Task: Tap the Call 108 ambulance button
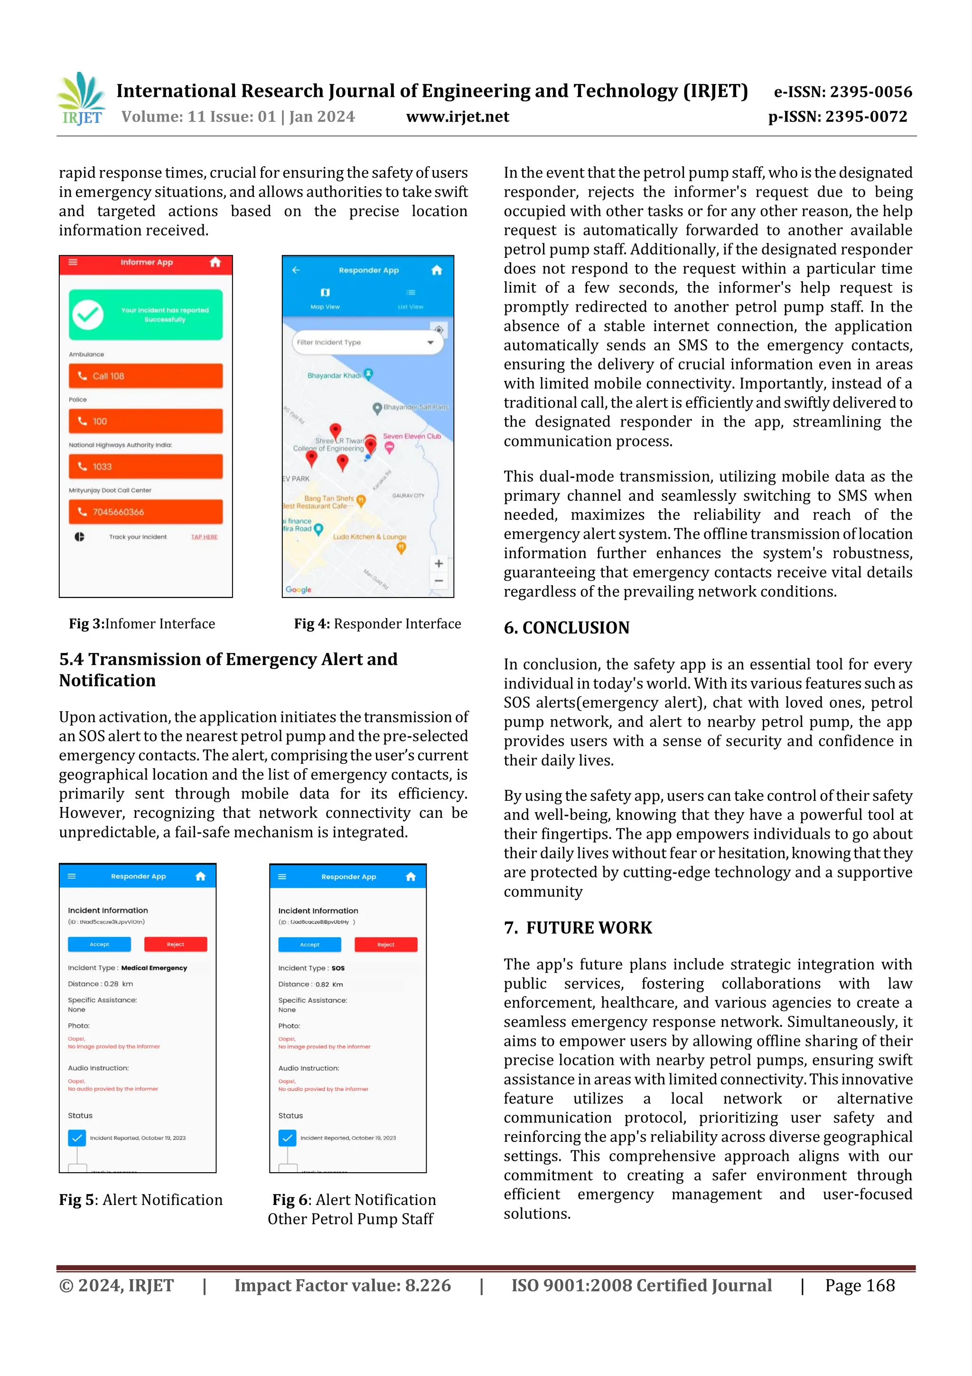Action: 146,376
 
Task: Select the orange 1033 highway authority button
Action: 146,466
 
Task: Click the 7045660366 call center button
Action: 146,512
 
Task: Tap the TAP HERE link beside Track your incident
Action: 204,537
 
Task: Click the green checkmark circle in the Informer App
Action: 88,314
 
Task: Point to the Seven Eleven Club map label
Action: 411,437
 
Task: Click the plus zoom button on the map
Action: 439,563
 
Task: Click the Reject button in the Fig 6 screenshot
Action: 386,945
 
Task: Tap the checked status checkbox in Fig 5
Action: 77,1138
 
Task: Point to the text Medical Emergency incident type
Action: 154,968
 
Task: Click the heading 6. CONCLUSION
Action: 567,627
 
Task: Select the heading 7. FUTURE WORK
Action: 578,928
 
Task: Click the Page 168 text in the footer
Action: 860,1285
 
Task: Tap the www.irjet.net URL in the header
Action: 458,117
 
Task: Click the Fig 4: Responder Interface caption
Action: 377,624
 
